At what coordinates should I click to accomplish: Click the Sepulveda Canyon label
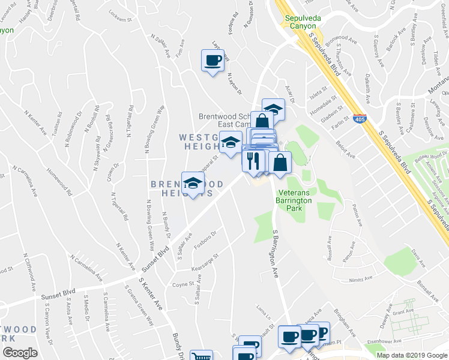click(x=303, y=22)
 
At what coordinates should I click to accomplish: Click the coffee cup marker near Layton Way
click(x=213, y=61)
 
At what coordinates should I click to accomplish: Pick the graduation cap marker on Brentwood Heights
click(x=193, y=183)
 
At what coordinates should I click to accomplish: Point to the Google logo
click(x=20, y=352)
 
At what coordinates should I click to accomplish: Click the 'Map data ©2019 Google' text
click(x=411, y=355)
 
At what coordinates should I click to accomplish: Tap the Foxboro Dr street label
click(x=204, y=236)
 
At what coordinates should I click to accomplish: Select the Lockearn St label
click(x=119, y=12)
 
